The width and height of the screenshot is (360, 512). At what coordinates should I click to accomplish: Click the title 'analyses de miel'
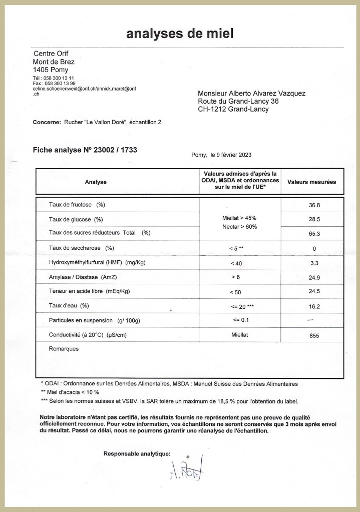[180, 34]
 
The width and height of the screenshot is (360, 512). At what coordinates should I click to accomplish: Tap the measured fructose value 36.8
[314, 205]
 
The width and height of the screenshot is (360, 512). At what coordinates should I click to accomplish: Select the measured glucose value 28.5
[314, 219]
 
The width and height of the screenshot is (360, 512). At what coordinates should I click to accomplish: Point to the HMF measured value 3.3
[314, 263]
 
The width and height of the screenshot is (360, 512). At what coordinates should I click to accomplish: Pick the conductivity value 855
[314, 336]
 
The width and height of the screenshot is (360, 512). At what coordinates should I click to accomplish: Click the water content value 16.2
[314, 306]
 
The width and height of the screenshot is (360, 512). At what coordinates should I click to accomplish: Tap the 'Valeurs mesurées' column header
[311, 182]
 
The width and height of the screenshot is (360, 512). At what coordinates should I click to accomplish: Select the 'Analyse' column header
[96, 182]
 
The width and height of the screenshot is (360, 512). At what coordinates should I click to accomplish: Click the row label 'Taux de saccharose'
[82, 248]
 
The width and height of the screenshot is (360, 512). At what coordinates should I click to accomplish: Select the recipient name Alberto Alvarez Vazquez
[252, 93]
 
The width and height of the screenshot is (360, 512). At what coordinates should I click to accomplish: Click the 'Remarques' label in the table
[64, 349]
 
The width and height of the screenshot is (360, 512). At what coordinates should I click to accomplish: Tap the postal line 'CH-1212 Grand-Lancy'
[233, 109]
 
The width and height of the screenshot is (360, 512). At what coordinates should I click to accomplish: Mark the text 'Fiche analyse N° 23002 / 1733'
[85, 149]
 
